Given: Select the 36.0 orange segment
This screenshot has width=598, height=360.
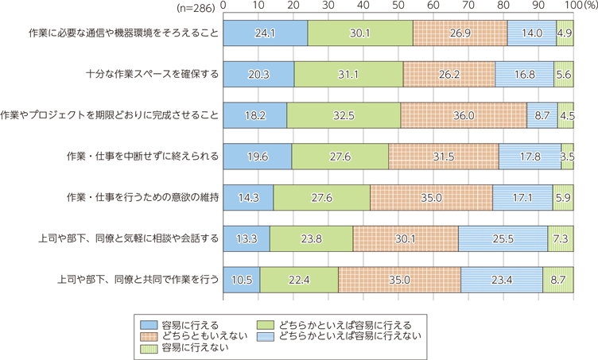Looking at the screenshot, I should coord(464,114).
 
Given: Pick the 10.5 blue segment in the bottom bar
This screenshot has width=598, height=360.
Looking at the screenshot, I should coord(241,280).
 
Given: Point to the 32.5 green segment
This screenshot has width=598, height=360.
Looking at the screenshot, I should coord(344,114).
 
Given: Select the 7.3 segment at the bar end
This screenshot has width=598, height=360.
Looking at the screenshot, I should coord(561,238).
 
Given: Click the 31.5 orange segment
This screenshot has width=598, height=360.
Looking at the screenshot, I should coord(444,157).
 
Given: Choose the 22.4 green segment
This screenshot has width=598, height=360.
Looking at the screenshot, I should coord(299,280).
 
